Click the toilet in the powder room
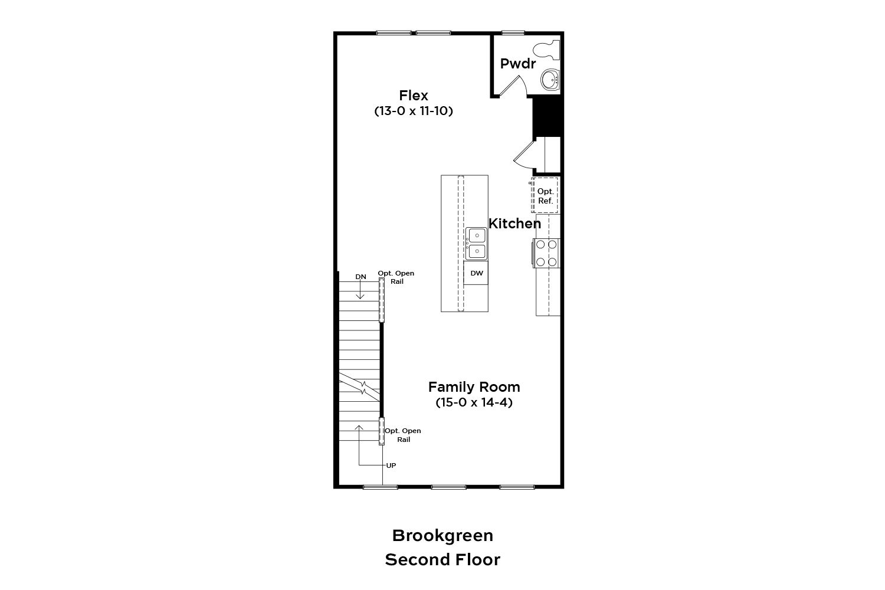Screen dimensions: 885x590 [x=546, y=51]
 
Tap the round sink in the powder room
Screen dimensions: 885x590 [x=550, y=80]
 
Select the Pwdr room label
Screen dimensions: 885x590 [x=517, y=64]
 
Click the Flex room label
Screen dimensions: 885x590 [x=413, y=95]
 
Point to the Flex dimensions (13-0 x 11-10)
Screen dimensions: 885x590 [x=413, y=111]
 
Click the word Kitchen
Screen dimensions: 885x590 [x=514, y=224]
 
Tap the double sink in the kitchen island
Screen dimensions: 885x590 [x=476, y=244]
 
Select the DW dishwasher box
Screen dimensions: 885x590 [x=476, y=273]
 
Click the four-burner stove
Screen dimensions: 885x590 [x=546, y=253]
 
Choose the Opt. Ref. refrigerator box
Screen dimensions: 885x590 [x=545, y=196]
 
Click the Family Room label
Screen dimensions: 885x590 [x=474, y=387]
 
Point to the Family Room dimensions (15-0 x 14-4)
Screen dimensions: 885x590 [x=474, y=402]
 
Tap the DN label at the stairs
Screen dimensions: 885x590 [x=360, y=277]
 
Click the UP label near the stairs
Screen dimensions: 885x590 [x=391, y=466]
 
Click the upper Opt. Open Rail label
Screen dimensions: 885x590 [x=396, y=277]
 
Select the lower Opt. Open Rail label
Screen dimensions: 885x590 [x=403, y=435]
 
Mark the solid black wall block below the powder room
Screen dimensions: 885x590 [x=547, y=117]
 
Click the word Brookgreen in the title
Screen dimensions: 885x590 [x=442, y=536]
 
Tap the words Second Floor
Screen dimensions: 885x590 [x=442, y=559]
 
